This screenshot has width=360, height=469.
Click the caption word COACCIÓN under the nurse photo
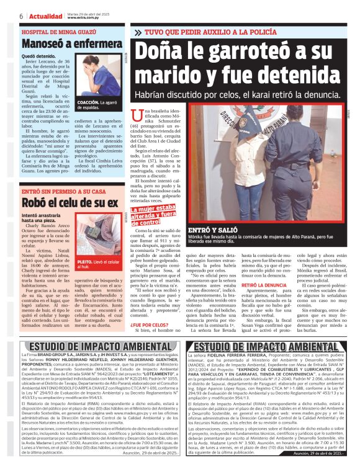(x=89, y=102)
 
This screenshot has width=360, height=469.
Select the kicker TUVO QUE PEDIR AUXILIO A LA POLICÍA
(x=212, y=30)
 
